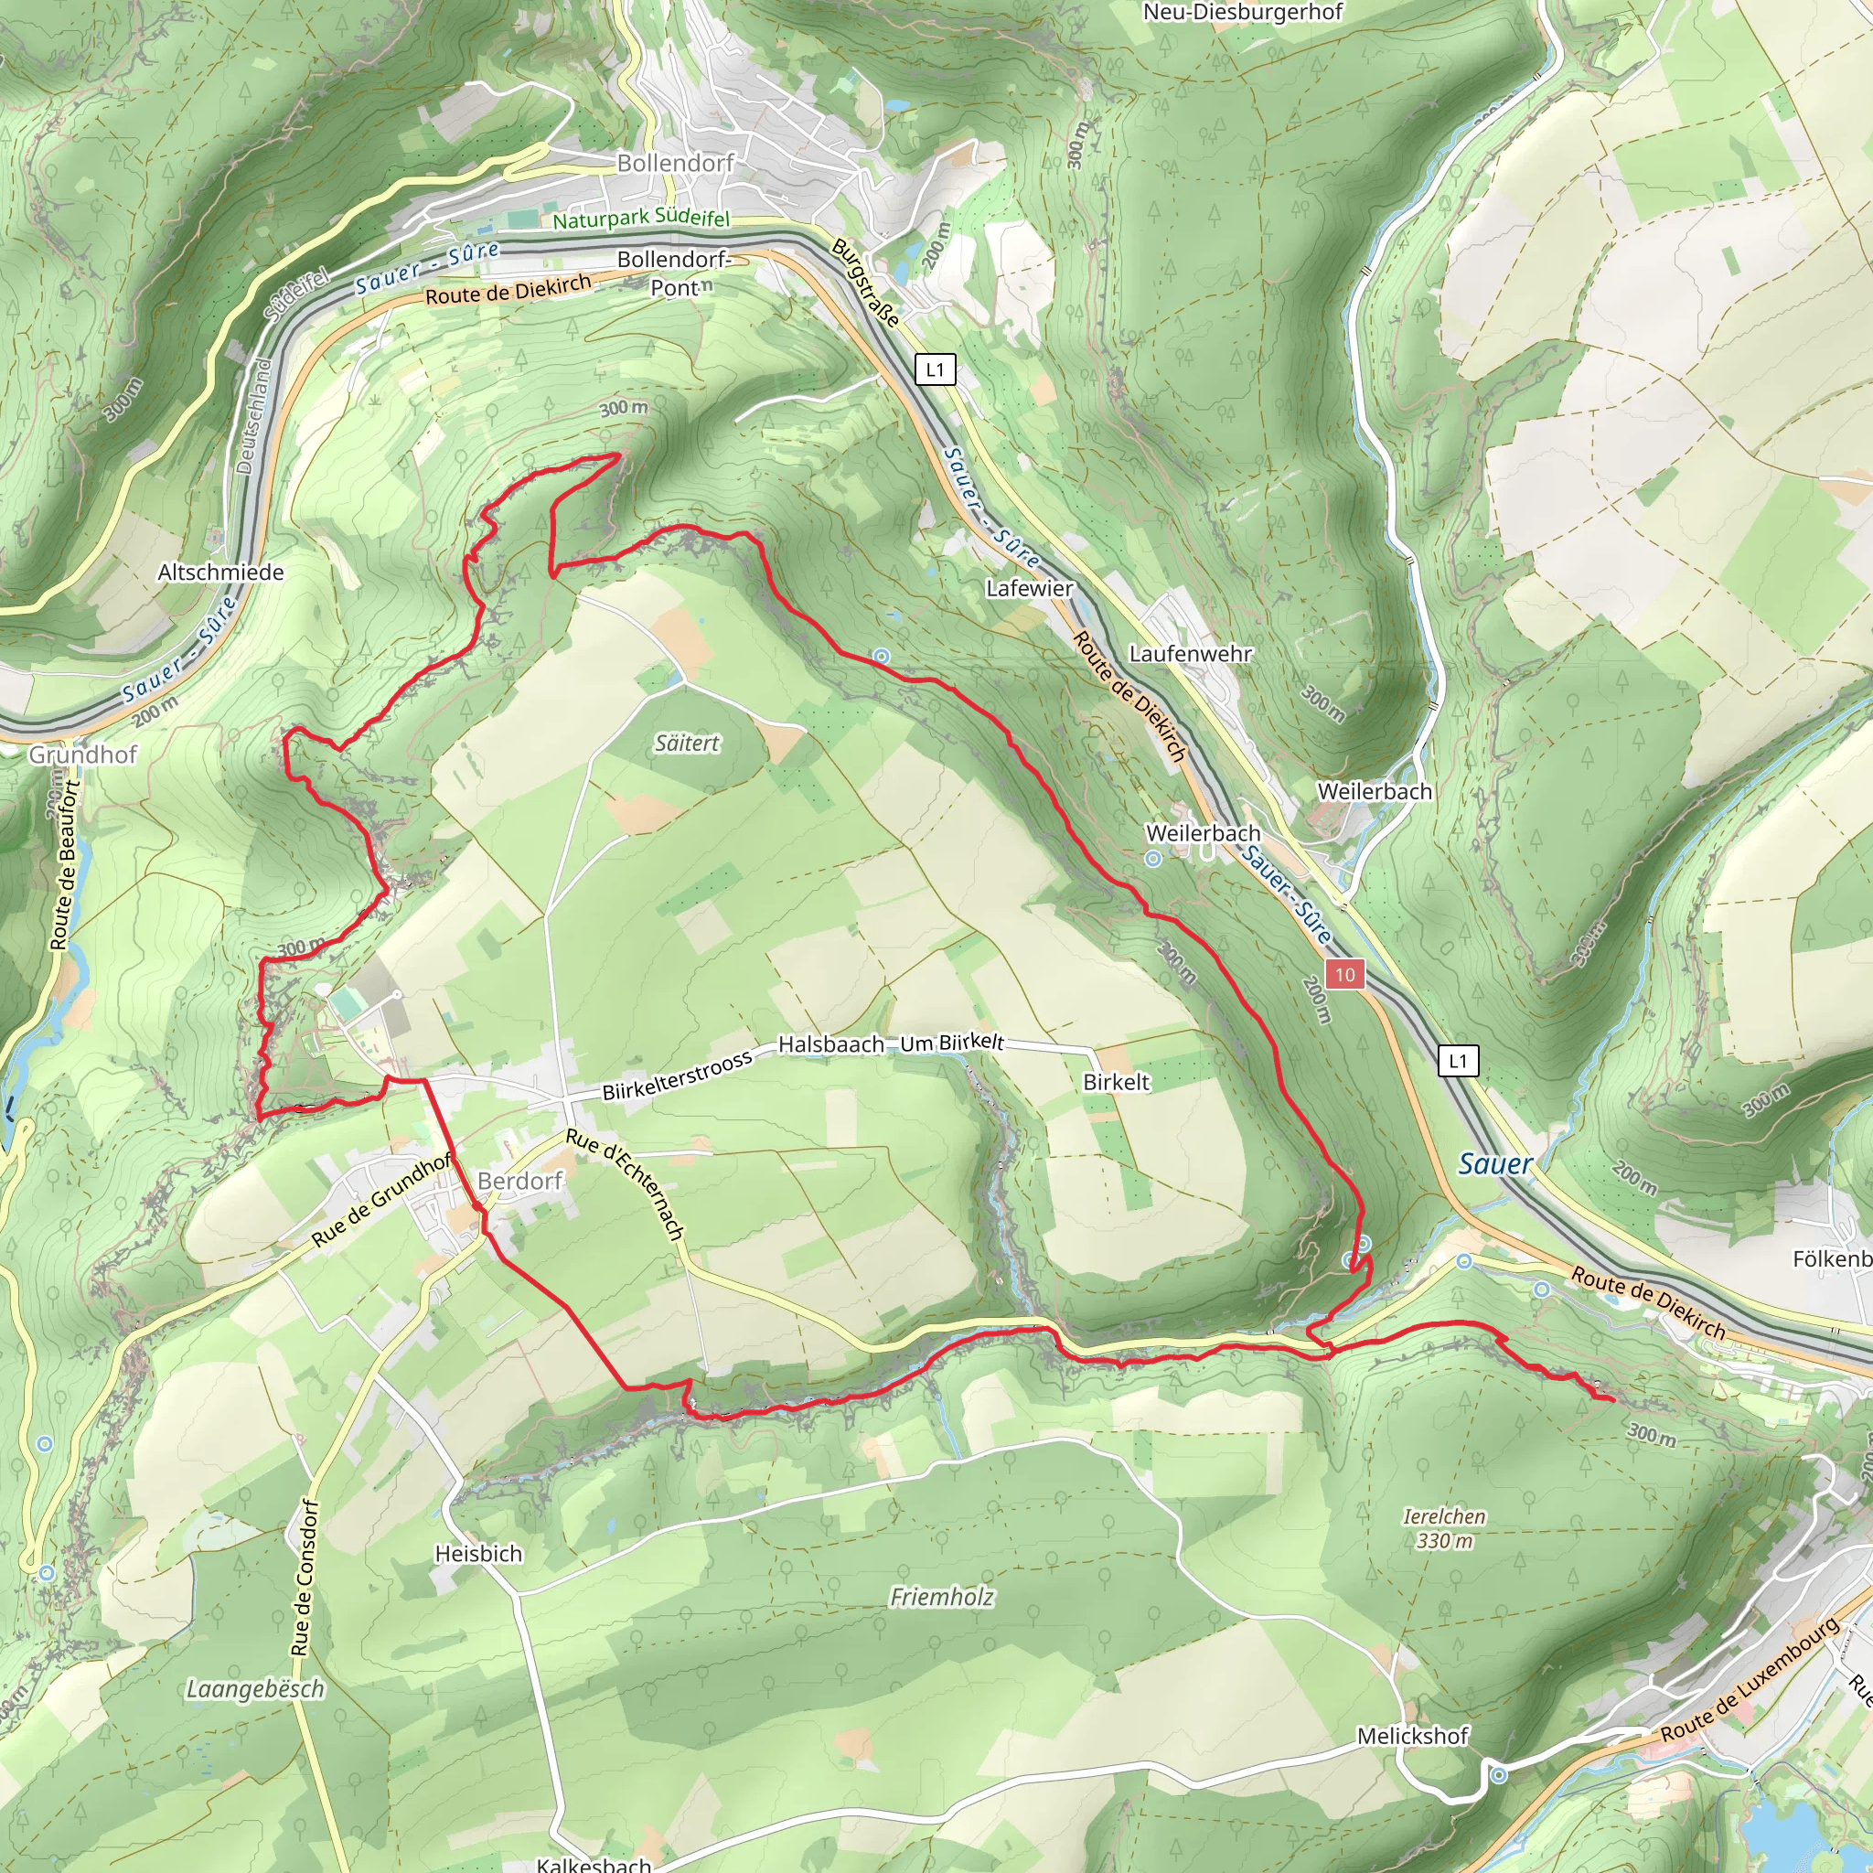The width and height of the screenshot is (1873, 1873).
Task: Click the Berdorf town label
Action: click(x=519, y=1181)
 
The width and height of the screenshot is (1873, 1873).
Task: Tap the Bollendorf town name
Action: click(x=676, y=163)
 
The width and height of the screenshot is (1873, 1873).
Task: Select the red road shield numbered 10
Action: click(x=1344, y=974)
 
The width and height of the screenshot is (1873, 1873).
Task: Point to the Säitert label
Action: click(x=688, y=744)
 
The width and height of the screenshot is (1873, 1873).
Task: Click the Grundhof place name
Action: click(x=83, y=755)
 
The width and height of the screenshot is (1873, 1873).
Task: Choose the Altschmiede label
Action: click(x=221, y=572)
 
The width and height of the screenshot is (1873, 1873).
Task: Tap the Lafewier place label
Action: click(x=1030, y=588)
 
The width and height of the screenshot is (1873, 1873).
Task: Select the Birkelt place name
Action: click(x=1116, y=1082)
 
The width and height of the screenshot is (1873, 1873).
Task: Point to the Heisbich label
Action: click(x=478, y=1553)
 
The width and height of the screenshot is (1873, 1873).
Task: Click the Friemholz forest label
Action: click(x=942, y=1597)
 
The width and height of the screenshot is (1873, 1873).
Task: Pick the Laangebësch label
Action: click(x=255, y=1689)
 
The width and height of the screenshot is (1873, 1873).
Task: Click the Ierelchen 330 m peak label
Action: click(x=1443, y=1528)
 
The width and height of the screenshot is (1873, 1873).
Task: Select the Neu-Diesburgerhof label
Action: click(x=1243, y=13)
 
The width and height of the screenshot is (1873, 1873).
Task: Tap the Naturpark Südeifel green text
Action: click(x=641, y=219)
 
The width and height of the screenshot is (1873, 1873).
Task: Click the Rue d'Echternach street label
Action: click(x=626, y=1183)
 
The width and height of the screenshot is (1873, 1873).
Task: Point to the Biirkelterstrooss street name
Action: click(x=677, y=1076)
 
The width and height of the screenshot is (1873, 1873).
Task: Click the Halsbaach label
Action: click(x=830, y=1044)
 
